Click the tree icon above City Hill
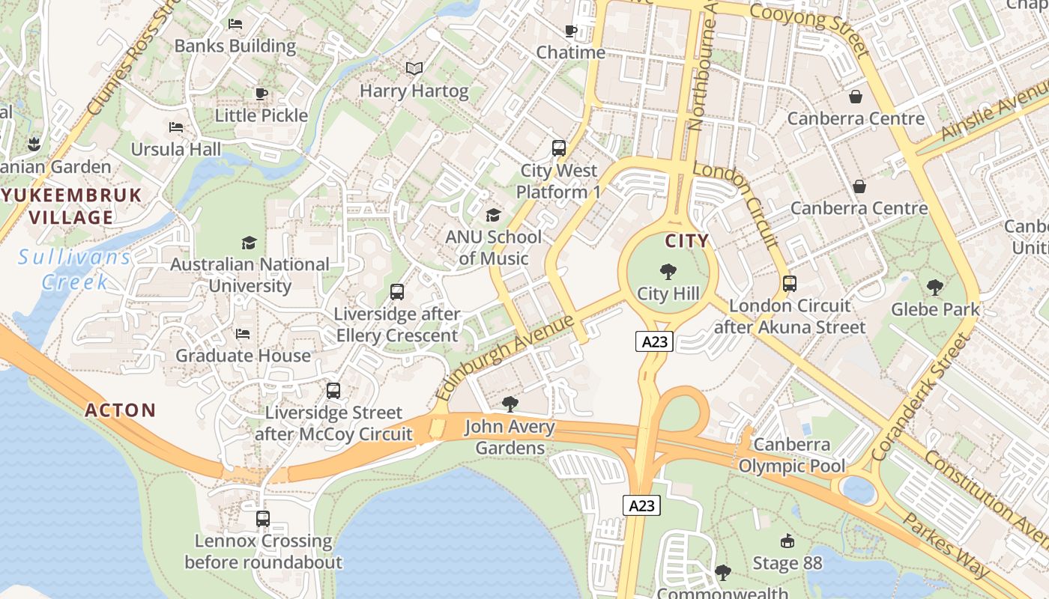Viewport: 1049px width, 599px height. point(668,272)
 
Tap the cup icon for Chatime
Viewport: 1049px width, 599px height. point(571,31)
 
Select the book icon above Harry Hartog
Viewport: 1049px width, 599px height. point(414,69)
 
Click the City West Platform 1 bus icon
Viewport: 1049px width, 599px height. point(559,148)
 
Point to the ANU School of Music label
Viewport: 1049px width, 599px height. point(493,248)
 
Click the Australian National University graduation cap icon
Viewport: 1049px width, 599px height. point(249,243)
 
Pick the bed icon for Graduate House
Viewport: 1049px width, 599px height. point(243,334)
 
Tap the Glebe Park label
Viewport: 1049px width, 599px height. point(935,308)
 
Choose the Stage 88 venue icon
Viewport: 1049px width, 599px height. point(787,541)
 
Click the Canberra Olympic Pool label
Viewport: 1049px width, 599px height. point(792,455)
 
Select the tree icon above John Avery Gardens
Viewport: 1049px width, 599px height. point(510,405)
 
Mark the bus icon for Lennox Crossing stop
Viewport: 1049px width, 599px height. point(263,518)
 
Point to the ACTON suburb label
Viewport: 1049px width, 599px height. point(121,410)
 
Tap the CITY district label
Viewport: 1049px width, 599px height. point(687,240)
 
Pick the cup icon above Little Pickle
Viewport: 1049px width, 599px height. point(262,94)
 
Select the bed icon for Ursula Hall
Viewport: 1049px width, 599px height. point(177,127)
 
